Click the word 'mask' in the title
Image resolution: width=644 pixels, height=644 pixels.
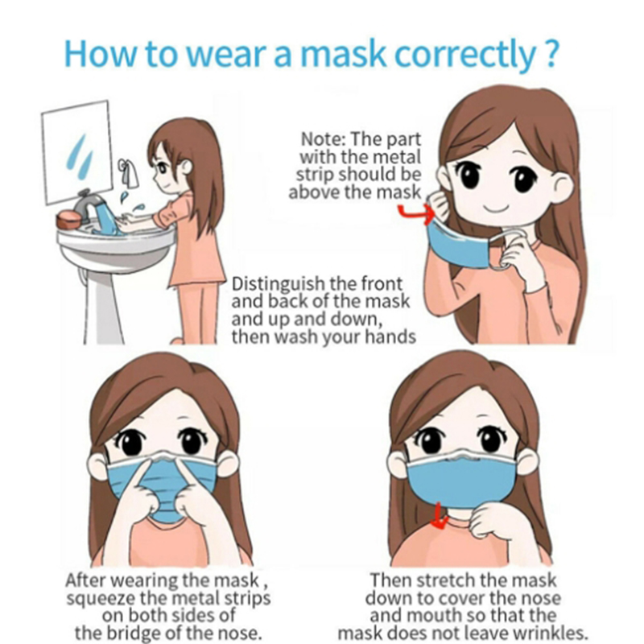pos(344,54)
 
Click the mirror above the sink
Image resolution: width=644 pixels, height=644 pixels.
pos(76,152)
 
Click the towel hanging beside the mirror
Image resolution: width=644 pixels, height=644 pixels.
pos(130,172)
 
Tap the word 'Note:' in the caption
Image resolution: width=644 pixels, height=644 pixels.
pos(324,139)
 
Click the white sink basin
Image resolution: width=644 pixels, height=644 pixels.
pos(117,242)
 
